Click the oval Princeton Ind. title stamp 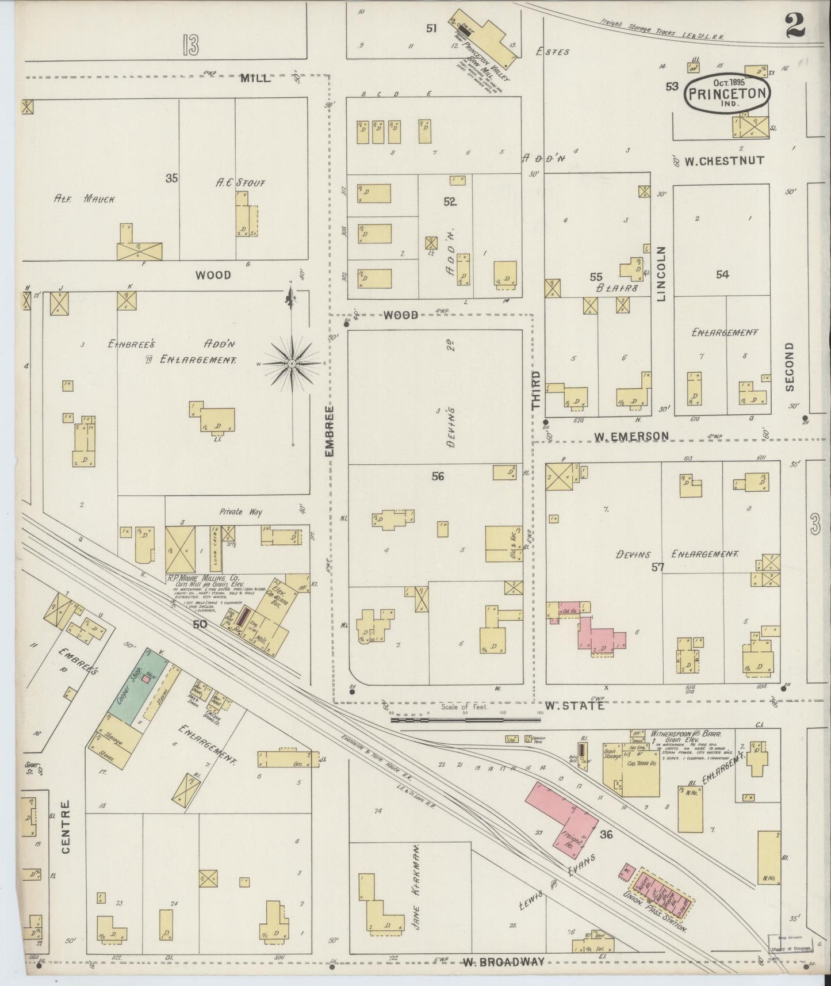pos(727,95)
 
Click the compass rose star pos(292,364)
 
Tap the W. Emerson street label pos(631,437)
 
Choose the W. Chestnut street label pos(724,161)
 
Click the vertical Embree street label pos(330,431)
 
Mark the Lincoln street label pos(661,274)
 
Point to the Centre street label pos(65,827)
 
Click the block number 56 pos(438,476)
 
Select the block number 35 pos(171,178)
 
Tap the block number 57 pos(658,567)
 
